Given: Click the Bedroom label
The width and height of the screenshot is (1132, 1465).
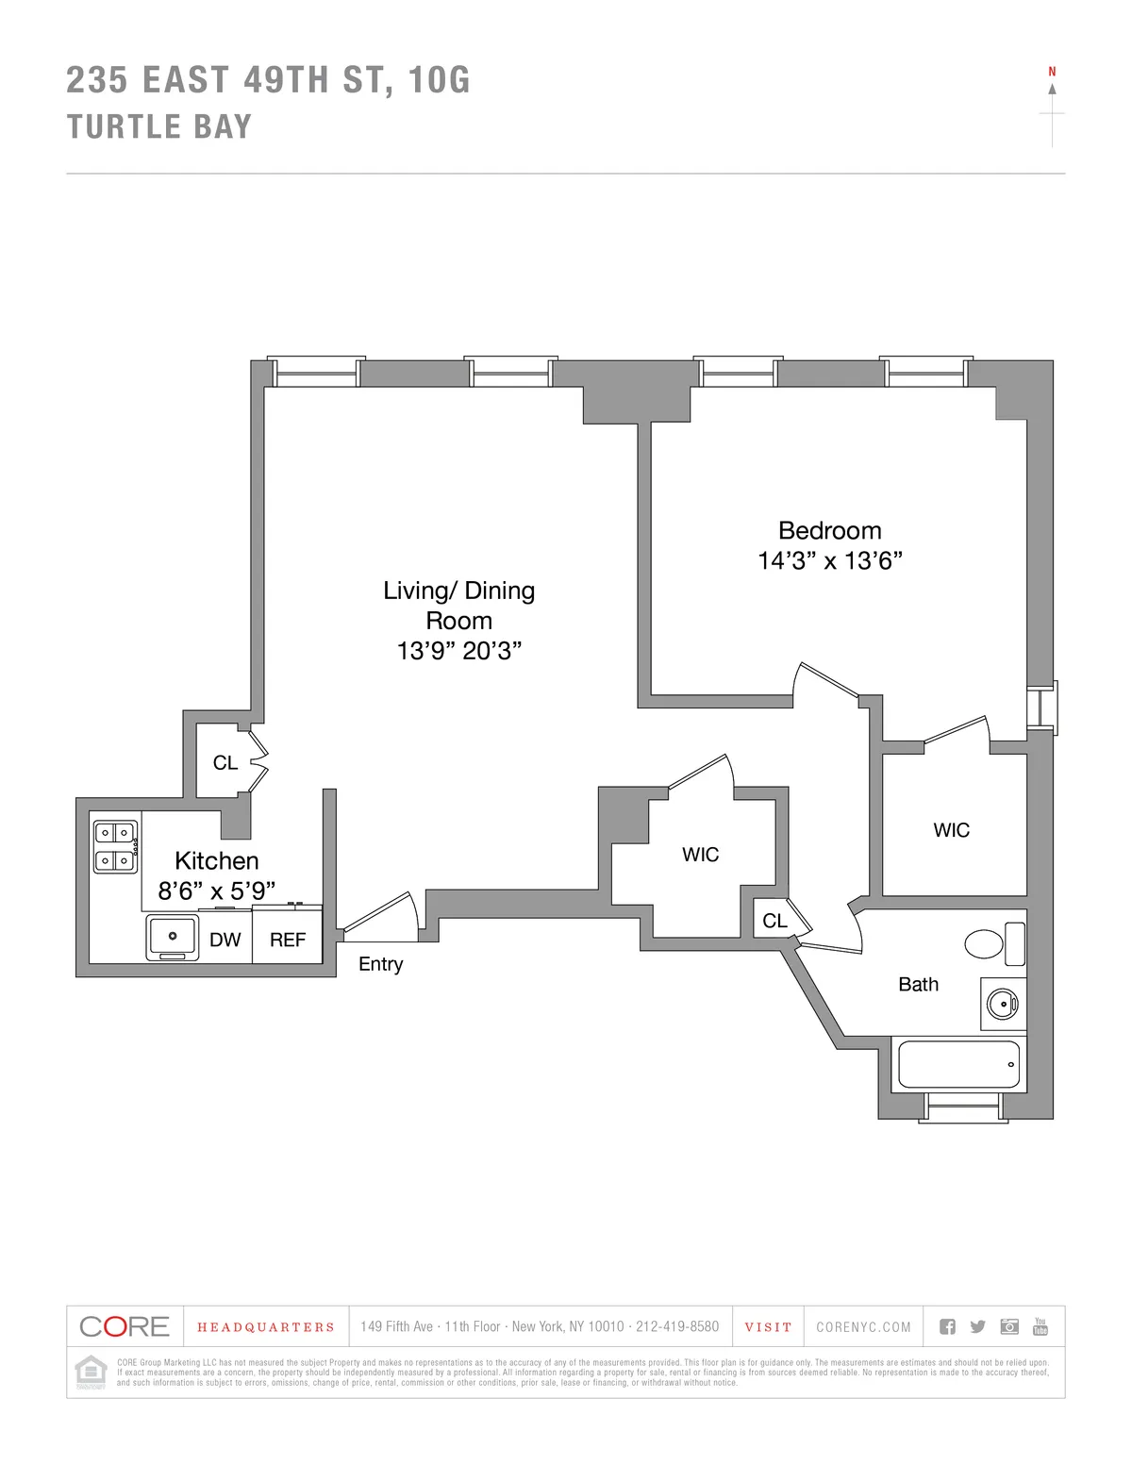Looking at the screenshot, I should (829, 530).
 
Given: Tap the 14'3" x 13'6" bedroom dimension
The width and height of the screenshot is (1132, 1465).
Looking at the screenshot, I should (829, 560).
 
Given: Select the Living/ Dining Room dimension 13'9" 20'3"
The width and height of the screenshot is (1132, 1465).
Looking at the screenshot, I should (458, 651).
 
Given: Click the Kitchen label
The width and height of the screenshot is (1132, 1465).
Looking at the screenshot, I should (216, 860).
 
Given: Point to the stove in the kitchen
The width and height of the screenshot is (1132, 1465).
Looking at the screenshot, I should (115, 846).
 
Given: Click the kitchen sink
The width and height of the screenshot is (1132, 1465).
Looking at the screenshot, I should (173, 937).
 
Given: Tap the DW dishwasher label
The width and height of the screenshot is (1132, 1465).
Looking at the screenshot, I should (225, 940).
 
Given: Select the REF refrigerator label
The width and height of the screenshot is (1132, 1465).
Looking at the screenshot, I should (288, 940).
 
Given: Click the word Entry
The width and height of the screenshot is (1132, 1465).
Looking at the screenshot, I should (380, 964).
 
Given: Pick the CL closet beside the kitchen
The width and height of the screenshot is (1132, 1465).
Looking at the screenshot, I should (225, 762).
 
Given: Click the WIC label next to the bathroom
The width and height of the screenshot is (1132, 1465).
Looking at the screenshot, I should (951, 830).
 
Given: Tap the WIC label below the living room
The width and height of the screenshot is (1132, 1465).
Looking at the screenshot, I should (700, 855).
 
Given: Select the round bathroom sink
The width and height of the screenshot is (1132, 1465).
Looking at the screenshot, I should (1001, 1002).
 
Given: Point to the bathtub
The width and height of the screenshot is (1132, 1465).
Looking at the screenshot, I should (958, 1064).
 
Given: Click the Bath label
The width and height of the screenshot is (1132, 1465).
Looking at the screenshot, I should (918, 985).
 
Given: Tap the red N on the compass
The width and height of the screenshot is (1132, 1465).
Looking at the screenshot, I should (1052, 72).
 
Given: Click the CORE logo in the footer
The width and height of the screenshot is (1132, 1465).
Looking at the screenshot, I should (125, 1326).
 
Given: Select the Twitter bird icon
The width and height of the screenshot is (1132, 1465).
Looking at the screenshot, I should (977, 1326).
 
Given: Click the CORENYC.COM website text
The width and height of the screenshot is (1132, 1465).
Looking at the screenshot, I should (863, 1327).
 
